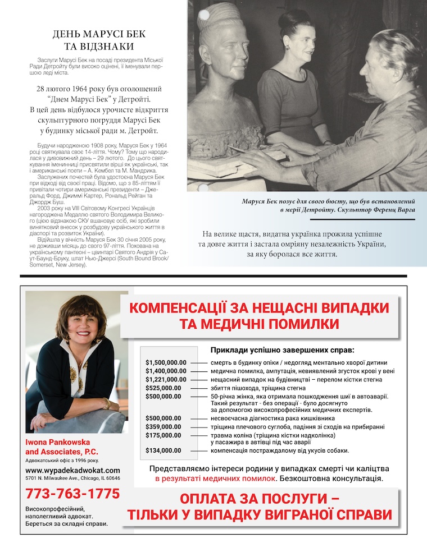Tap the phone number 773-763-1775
click(72, 494)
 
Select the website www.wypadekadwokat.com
click(72, 470)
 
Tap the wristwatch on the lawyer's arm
click(107, 403)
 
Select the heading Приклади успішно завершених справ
click(274, 349)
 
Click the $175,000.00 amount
click(163, 435)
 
